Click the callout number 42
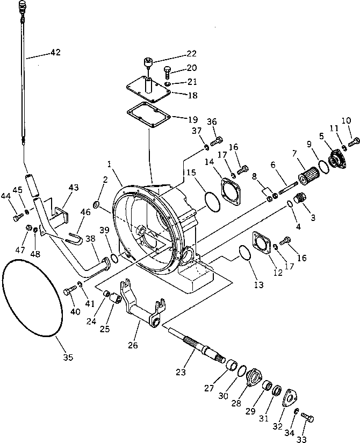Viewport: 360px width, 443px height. [55, 53]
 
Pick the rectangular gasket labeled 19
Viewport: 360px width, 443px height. [148, 115]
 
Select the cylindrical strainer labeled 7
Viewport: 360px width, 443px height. [308, 176]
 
